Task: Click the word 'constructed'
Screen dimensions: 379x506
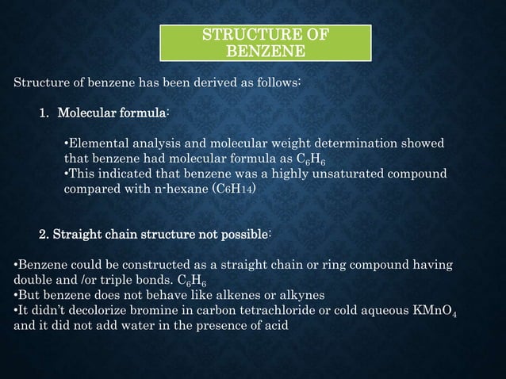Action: [x=163, y=264]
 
